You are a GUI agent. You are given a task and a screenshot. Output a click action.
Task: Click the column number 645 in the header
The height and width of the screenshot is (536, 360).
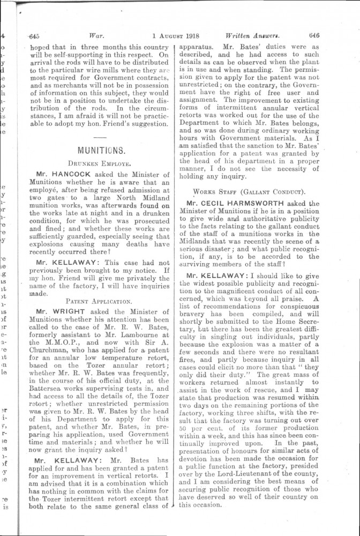[x=34, y=36]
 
